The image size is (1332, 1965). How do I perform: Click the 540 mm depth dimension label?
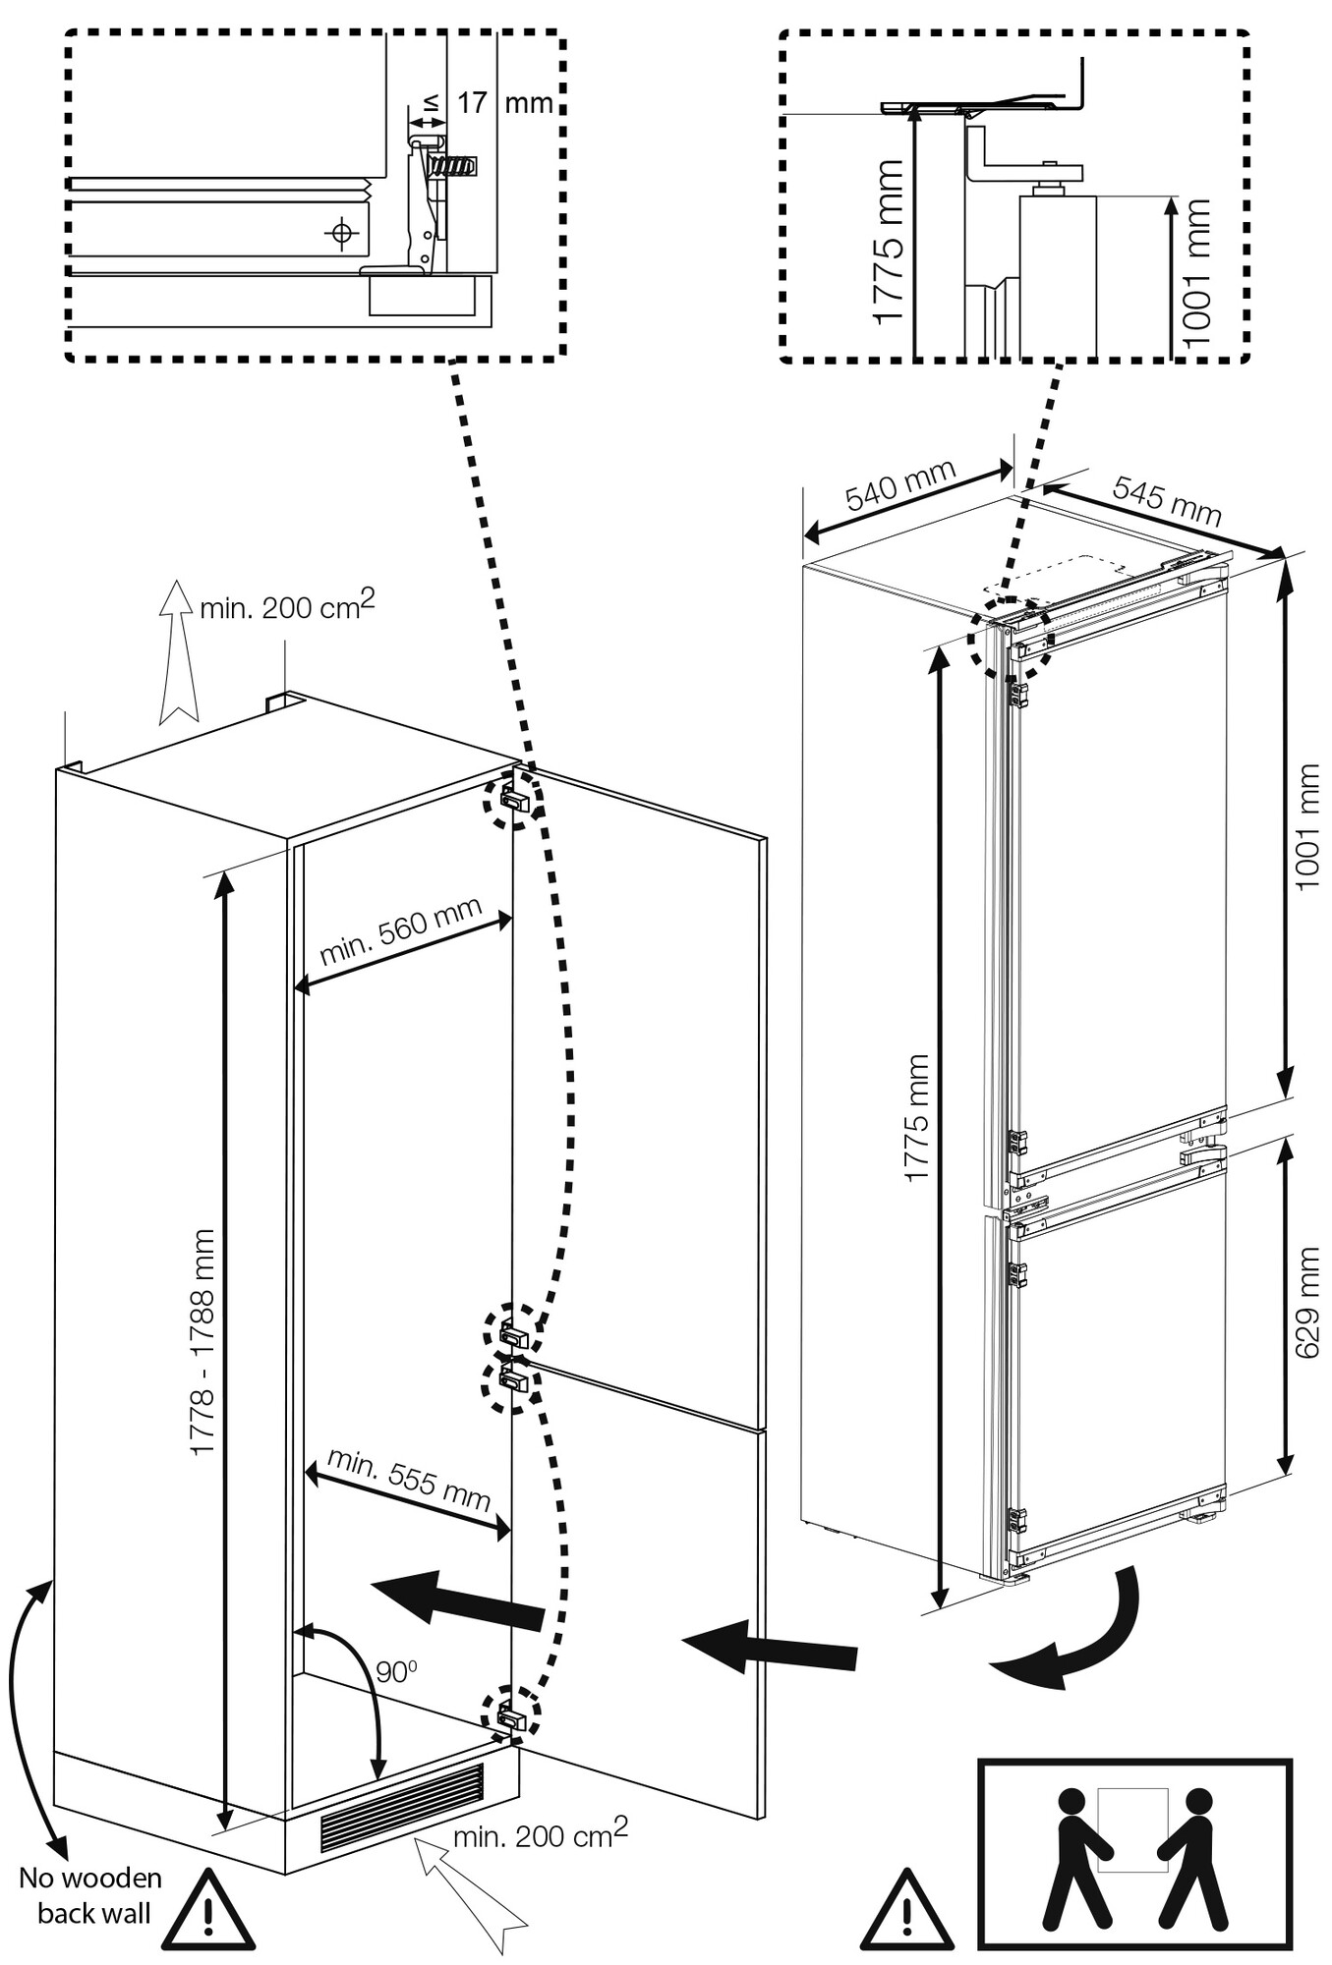(899, 484)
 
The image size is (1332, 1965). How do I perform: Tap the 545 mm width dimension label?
(1167, 500)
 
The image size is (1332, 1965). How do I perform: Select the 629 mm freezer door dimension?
(1306, 1301)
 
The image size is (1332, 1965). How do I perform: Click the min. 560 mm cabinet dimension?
(400, 929)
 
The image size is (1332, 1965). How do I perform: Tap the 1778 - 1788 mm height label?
(203, 1341)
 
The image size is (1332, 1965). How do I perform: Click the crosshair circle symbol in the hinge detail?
(341, 233)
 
